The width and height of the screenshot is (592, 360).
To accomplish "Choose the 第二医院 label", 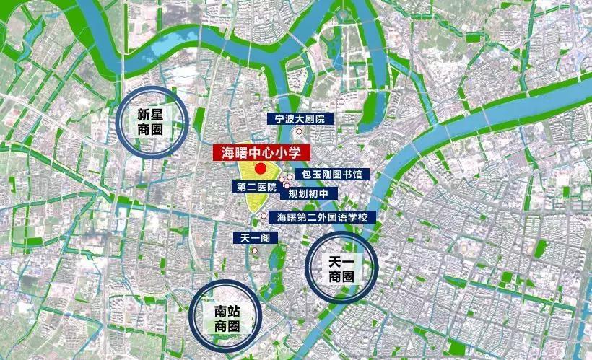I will tap(256, 187).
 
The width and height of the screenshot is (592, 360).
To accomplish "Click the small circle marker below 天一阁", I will tap(254, 250).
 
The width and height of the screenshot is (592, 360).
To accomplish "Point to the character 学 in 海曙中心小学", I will tap(301, 153).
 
